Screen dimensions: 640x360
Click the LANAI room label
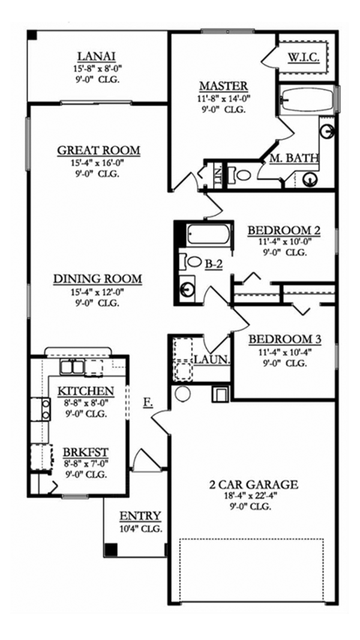[98, 57]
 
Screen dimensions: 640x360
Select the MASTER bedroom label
[224, 86]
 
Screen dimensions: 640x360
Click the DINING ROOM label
[97, 279]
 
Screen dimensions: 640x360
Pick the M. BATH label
[294, 158]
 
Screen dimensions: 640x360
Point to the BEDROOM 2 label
[284, 230]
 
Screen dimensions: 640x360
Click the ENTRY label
[140, 516]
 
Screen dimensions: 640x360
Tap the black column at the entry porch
[110, 549]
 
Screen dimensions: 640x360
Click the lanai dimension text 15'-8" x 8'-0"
[98, 68]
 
